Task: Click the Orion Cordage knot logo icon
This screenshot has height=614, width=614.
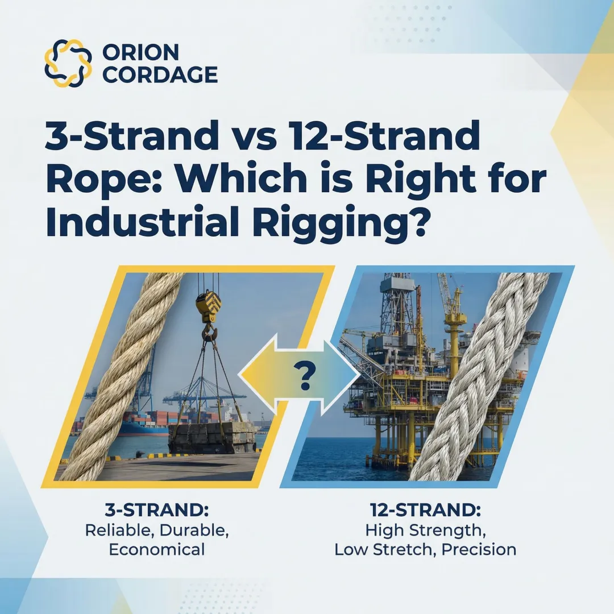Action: coord(68,63)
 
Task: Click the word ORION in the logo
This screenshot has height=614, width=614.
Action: coord(140,52)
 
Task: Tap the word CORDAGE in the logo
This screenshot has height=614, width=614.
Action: coord(160,74)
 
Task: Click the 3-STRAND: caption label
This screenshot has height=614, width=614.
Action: coord(156,509)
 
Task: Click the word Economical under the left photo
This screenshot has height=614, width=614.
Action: coord(156,549)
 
